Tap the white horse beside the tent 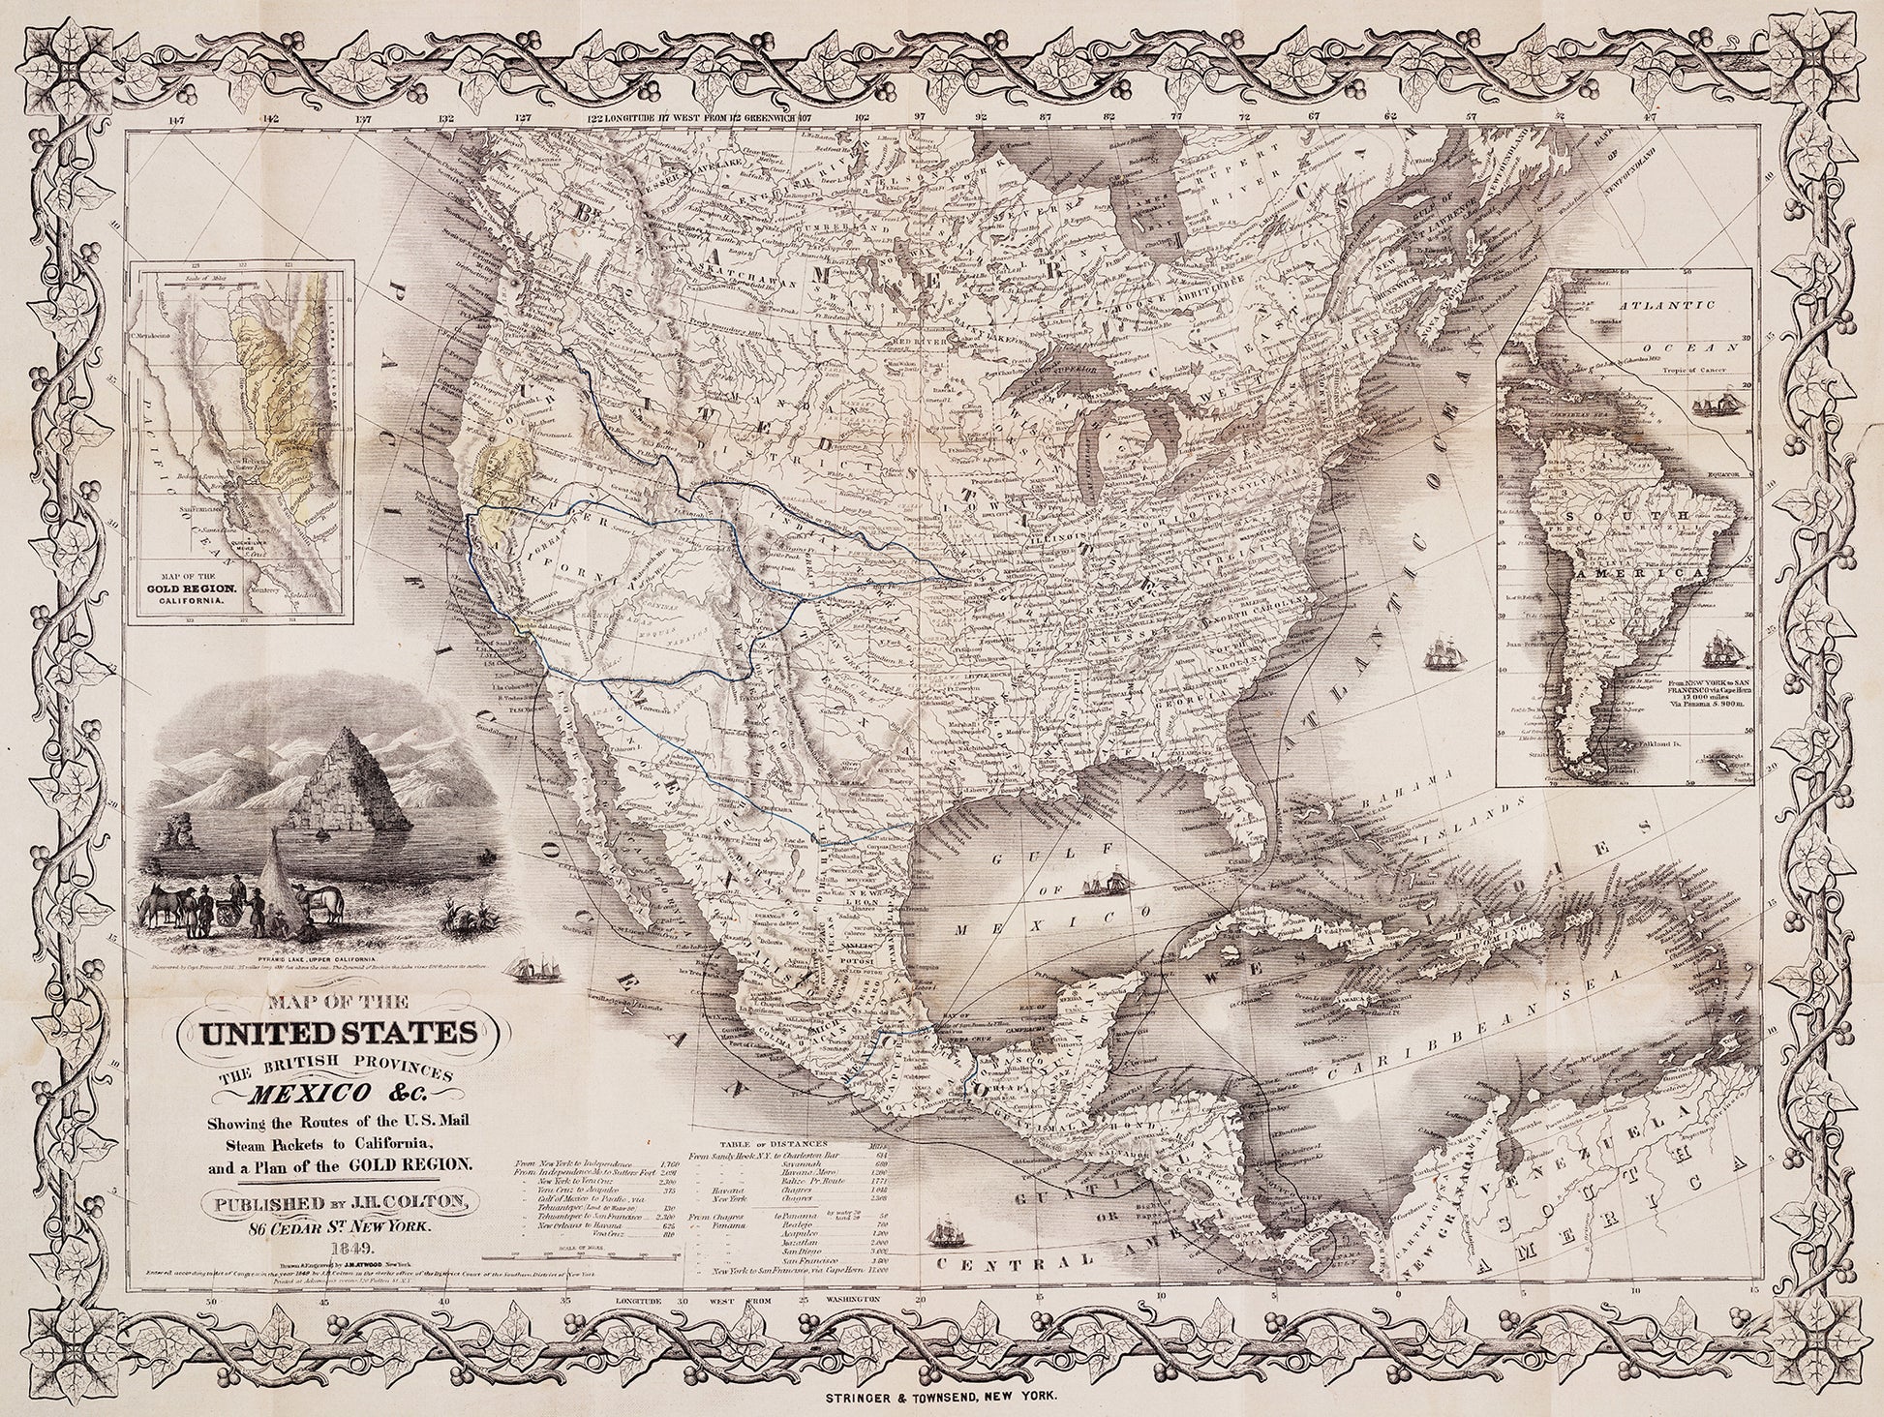click(326, 902)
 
